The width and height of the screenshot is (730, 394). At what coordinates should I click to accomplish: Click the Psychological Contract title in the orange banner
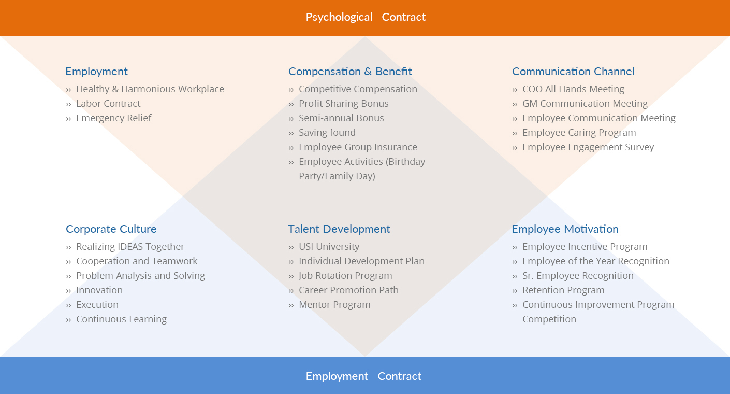tap(366, 17)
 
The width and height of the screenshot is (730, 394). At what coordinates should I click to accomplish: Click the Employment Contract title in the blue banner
tap(363, 376)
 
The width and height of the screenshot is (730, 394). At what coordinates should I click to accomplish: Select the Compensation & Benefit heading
tap(350, 72)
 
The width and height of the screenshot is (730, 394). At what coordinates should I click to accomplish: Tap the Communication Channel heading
tap(573, 72)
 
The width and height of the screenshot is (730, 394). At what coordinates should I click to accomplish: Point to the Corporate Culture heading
tap(111, 229)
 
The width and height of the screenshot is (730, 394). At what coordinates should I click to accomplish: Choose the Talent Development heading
tap(339, 229)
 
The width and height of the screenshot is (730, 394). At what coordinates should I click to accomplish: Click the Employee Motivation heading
tap(565, 229)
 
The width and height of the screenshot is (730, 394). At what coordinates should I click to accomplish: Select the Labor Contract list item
tap(108, 104)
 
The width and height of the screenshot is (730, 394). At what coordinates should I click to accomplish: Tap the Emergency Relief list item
tap(113, 118)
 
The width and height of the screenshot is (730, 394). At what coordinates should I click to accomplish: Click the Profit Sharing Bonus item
tap(343, 104)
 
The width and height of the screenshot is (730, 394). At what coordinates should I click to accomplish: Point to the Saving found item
tap(327, 133)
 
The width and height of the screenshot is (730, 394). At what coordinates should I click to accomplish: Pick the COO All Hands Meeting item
tap(573, 89)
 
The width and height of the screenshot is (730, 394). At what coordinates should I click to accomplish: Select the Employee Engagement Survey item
tap(588, 147)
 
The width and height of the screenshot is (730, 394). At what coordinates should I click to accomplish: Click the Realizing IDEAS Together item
tap(130, 247)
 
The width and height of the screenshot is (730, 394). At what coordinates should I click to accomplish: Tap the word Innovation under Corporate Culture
tap(99, 290)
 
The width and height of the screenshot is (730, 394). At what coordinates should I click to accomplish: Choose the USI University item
tap(329, 247)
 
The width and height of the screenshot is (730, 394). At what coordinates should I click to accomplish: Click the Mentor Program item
tap(334, 305)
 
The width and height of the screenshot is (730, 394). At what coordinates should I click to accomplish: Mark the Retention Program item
tap(563, 290)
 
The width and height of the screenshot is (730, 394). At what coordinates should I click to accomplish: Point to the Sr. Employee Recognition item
tap(578, 276)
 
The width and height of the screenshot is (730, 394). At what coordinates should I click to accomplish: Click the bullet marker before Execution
tap(68, 305)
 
